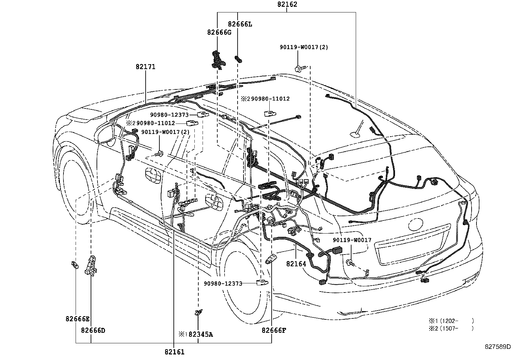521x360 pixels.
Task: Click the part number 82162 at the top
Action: [x=287, y=4]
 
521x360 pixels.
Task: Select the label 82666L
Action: [x=240, y=24]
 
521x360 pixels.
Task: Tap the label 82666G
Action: [x=219, y=32]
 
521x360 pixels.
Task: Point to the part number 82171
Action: [x=145, y=66]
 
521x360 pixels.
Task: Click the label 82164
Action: [x=296, y=264]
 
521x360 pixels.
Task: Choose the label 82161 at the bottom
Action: [x=174, y=352]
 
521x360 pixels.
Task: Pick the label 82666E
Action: [x=78, y=319]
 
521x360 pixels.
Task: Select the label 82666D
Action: [x=93, y=331]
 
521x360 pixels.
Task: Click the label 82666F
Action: [x=274, y=331]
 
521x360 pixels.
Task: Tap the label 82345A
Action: [x=201, y=334]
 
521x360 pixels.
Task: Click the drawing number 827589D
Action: [x=498, y=347]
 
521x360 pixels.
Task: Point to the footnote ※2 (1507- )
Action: [x=451, y=328]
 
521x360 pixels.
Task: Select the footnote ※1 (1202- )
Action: [x=451, y=321]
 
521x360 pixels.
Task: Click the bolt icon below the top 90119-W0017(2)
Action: [x=300, y=68]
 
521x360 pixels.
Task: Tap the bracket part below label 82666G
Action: [x=218, y=60]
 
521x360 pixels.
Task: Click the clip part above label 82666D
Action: [x=92, y=266]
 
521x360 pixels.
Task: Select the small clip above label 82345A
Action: [x=198, y=312]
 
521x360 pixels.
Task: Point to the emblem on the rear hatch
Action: [x=415, y=224]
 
